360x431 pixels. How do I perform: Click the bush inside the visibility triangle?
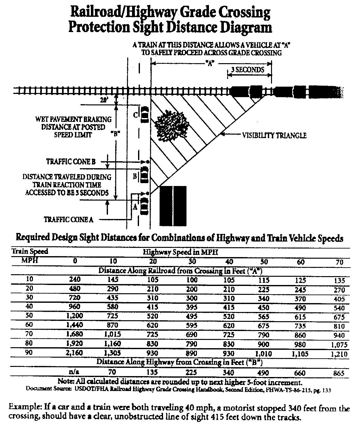[x=171, y=125]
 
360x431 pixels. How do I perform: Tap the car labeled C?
[x=145, y=114]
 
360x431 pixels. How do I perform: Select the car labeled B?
[x=144, y=174]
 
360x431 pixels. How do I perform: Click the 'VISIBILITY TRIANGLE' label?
[x=274, y=136]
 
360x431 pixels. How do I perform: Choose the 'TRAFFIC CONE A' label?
[x=68, y=219]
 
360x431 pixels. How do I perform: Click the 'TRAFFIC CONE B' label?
[x=71, y=162]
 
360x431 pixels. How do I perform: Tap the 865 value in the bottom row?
[x=338, y=374]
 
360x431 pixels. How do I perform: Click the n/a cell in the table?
[x=75, y=372]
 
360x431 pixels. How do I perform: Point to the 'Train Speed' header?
[x=30, y=252]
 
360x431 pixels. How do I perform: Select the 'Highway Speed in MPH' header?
[x=180, y=253]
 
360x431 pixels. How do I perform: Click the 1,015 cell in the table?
[x=113, y=335]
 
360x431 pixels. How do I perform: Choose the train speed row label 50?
[x=29, y=316]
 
